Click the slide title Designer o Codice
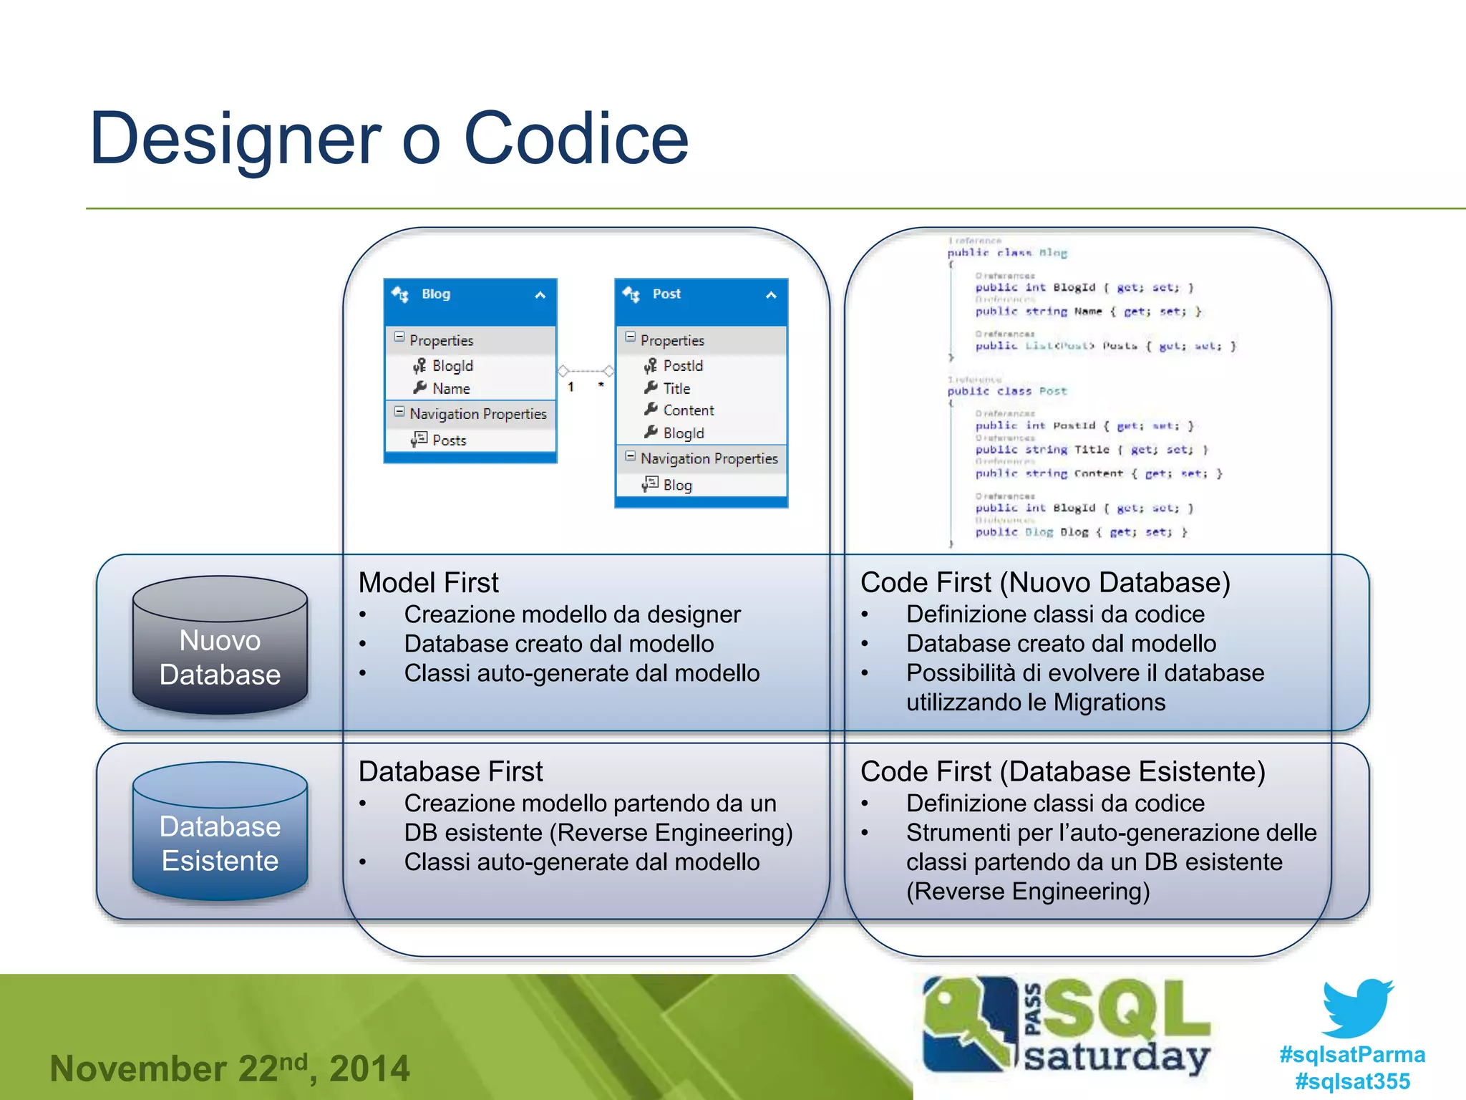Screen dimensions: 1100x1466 tap(389, 139)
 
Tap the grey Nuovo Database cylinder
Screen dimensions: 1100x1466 tap(220, 647)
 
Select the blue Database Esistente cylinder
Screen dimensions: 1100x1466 tap(220, 832)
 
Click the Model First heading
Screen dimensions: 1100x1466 tap(428, 583)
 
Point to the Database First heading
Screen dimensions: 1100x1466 tap(450, 772)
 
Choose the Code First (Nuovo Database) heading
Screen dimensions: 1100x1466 tap(1044, 583)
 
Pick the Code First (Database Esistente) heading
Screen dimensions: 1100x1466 tap(1062, 772)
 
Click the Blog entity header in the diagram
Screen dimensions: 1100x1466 tap(470, 295)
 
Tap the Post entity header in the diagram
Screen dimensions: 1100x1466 tap(700, 295)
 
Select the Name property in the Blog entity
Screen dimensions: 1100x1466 tap(451, 389)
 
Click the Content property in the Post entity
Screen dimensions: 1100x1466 tap(688, 411)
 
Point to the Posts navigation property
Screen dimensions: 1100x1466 tap(449, 440)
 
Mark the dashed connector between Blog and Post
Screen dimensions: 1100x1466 tap(586, 371)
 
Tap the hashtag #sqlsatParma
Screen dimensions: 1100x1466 tap(1352, 1055)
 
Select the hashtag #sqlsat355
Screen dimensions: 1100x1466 tap(1352, 1081)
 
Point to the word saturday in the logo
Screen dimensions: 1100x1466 tap(1117, 1057)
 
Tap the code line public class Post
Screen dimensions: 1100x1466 tap(1006, 392)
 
